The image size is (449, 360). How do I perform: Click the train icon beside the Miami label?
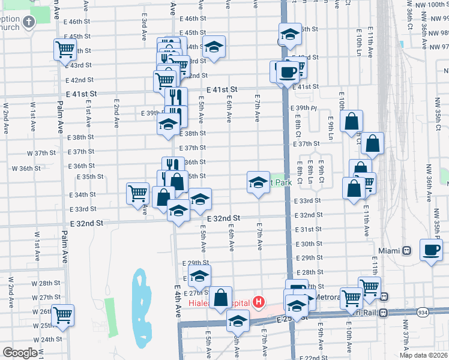(x=406, y=250)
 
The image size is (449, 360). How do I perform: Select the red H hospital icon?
(x=259, y=302)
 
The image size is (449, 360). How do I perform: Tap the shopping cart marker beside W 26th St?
(x=62, y=315)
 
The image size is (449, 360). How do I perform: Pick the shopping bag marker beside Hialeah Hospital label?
(x=221, y=296)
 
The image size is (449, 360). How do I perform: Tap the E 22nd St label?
(x=310, y=358)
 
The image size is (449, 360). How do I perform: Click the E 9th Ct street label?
(x=322, y=168)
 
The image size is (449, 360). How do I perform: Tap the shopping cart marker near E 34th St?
(x=137, y=193)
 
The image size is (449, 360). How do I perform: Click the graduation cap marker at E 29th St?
(x=200, y=277)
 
